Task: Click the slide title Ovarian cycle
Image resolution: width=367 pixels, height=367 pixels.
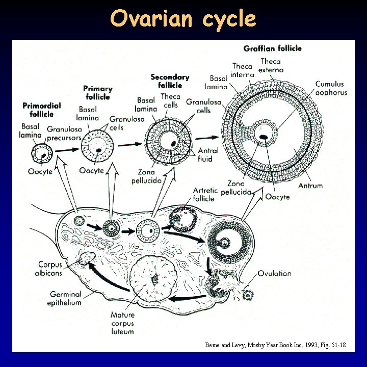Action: coord(183,19)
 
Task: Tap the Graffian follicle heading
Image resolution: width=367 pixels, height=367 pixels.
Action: coord(272,48)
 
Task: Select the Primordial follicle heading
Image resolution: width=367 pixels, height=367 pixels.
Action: coord(42,110)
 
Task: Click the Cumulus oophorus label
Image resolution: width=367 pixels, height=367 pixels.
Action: coord(330,88)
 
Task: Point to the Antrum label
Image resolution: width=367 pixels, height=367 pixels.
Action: coord(310,186)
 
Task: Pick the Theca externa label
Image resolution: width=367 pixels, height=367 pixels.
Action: coord(271,66)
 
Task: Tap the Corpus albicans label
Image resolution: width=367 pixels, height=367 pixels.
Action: coord(50,269)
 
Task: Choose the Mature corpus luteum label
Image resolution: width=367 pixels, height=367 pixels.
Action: coord(122,323)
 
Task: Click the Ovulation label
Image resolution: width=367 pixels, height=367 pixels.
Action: coord(274,274)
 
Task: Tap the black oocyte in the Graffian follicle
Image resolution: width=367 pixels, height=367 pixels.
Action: coord(264,137)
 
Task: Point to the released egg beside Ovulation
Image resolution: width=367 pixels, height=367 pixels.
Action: coord(248,295)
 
